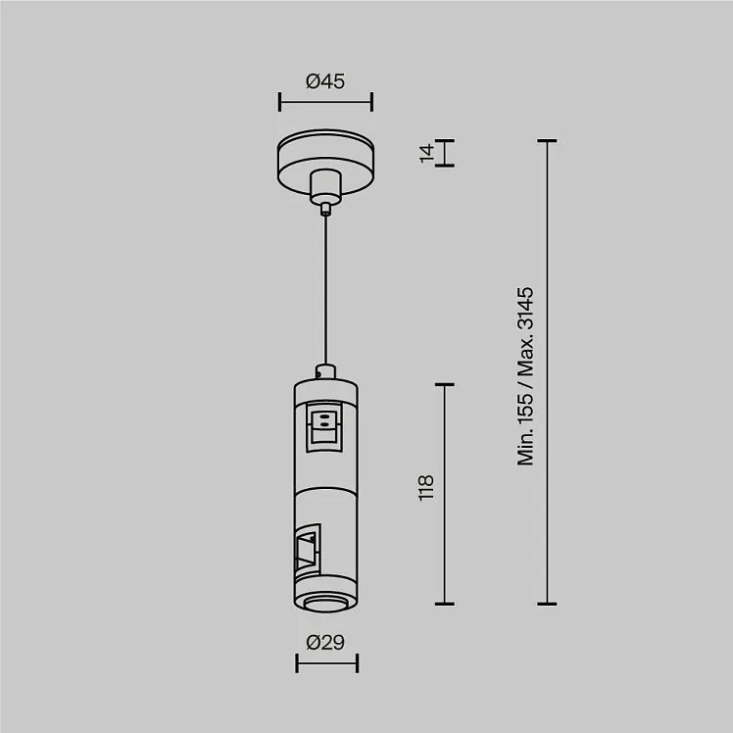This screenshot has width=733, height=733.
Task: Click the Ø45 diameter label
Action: (x=325, y=81)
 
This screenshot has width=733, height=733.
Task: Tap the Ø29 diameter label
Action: (x=325, y=642)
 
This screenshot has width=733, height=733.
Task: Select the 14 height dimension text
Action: (x=426, y=153)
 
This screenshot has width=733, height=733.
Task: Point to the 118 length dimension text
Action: (x=426, y=488)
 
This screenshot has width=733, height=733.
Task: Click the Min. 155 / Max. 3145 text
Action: (x=525, y=376)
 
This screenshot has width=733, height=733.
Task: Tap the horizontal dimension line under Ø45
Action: (x=325, y=102)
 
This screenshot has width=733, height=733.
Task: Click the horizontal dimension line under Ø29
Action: (x=326, y=662)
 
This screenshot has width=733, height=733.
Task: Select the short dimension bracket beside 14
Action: (x=445, y=153)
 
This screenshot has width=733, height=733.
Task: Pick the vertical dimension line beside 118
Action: (x=445, y=494)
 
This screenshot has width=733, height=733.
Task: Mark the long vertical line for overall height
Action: (x=547, y=372)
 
